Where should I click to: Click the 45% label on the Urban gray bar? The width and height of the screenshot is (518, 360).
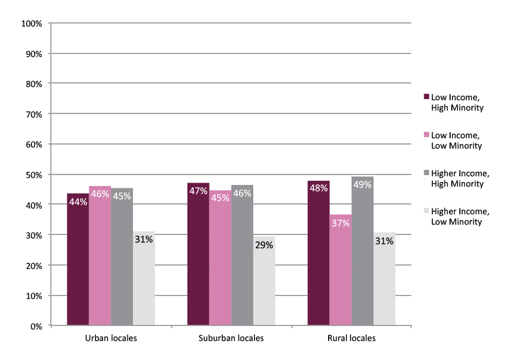122,196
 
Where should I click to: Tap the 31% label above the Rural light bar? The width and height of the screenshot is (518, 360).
384,241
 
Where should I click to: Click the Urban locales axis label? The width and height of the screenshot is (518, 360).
111,338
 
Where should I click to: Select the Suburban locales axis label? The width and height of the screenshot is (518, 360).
231,338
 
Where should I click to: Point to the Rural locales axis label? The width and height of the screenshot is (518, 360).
351,338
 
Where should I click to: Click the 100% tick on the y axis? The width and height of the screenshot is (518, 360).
32,24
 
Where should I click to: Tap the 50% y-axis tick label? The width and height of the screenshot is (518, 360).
33,175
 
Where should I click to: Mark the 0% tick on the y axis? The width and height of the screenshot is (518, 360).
36,326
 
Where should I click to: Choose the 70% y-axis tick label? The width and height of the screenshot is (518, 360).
33,114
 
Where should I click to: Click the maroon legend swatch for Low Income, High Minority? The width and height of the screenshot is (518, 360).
426,97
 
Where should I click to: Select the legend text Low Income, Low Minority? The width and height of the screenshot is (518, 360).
456,141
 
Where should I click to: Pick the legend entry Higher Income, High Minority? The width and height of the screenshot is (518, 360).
459,179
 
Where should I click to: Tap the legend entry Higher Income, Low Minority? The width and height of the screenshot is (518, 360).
459,217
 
